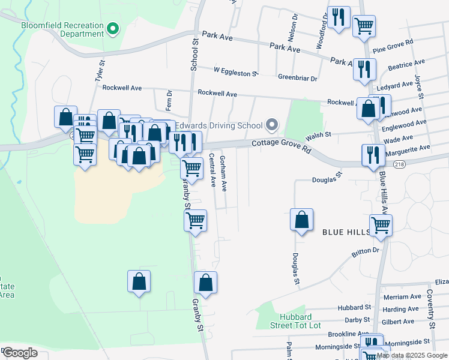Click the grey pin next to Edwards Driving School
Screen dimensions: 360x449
273,125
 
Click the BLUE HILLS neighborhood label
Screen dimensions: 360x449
348,232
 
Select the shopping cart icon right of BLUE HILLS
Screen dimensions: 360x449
381,226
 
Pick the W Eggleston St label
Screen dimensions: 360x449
235,73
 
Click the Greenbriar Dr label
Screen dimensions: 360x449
297,77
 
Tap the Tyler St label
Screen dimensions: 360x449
100,71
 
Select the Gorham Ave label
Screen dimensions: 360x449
223,173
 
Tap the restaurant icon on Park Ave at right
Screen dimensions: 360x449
364,70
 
